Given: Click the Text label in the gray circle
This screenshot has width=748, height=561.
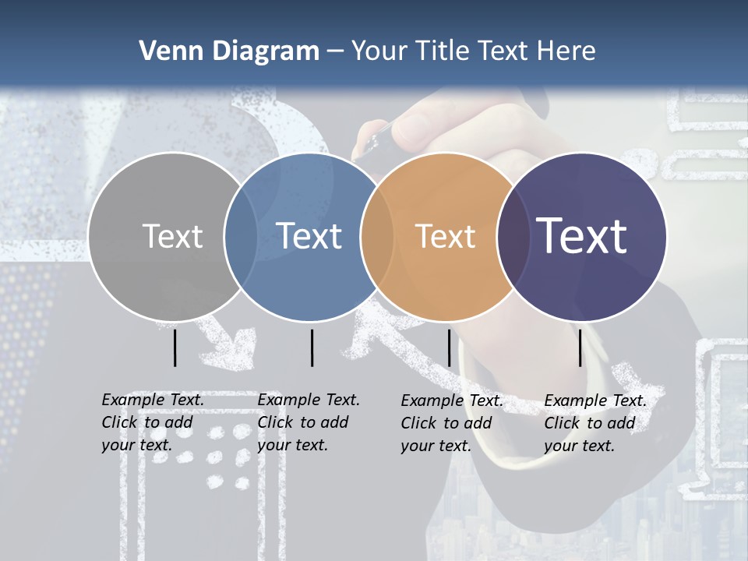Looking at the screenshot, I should [172, 236].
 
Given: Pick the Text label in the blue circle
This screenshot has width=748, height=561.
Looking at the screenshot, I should [309, 236].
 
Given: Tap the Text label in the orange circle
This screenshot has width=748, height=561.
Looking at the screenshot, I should [445, 236].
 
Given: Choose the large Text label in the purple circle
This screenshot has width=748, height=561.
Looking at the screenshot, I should [582, 236].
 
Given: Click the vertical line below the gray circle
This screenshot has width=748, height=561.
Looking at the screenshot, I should [175, 348].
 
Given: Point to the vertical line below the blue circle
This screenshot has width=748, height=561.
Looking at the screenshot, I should [312, 348].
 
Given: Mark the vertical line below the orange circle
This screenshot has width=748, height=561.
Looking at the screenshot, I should [449, 348].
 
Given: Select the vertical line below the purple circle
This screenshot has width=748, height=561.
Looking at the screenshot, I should [580, 348].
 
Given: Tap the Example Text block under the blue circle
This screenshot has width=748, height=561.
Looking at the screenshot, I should [308, 422].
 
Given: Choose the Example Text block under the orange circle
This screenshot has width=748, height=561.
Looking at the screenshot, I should [451, 423].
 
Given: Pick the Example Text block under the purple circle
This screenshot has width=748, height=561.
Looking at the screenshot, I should [595, 423].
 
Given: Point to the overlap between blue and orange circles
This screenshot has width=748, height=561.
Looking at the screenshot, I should [377, 236].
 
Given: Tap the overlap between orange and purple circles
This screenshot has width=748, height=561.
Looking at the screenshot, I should [513, 236].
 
